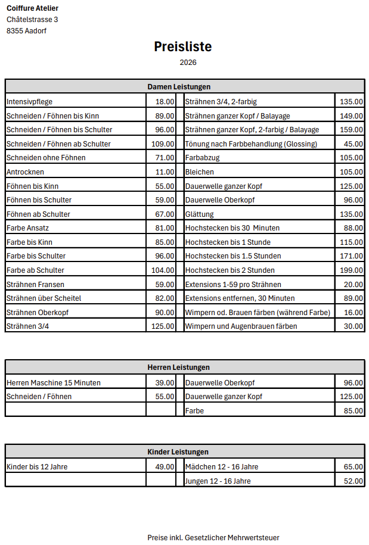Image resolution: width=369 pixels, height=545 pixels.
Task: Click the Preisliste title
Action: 183,46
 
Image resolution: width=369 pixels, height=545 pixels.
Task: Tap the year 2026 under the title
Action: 188,62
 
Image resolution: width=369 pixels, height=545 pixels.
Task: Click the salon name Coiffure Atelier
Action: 32,8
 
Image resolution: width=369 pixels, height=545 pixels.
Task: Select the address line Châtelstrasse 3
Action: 32,20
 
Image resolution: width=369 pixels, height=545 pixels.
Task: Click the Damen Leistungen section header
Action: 179,87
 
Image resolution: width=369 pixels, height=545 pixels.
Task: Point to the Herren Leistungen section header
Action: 179,367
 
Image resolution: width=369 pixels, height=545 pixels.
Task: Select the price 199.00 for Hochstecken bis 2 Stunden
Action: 351,270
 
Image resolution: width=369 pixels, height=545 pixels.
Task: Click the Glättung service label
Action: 199,214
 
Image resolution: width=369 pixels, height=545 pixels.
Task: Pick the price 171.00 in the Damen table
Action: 351,256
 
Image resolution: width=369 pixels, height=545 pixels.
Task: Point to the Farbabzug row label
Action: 202,158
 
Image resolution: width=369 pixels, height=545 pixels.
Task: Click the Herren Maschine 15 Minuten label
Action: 54,383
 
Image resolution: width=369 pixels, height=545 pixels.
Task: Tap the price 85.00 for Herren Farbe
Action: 353,411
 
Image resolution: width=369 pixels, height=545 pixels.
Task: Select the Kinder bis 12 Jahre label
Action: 37,467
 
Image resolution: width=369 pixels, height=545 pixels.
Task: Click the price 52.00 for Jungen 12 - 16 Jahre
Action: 353,481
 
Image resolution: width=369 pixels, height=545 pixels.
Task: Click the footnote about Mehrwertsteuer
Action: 213,538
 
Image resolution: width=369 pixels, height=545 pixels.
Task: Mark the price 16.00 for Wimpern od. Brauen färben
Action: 353,312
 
